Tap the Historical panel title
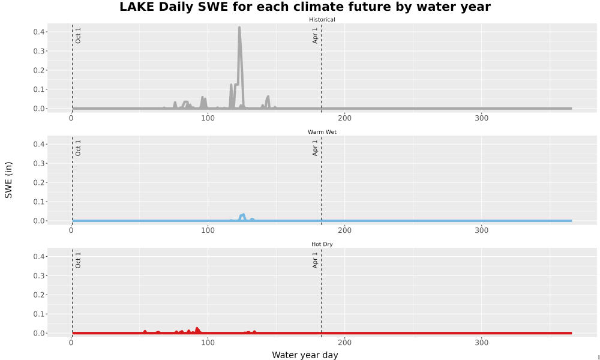coord(322,20)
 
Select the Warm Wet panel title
coord(322,132)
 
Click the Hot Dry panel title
coord(322,244)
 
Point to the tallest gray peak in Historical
coord(239,28)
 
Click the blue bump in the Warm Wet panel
coord(242,216)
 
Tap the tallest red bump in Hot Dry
coord(197,329)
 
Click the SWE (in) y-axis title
coord(8,180)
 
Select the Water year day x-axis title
coord(305,355)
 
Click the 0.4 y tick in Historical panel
coord(38,32)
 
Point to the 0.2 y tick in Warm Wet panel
coord(38,182)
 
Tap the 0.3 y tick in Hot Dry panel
coord(38,276)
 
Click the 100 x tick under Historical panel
coord(208,118)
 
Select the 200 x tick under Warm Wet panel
coord(345,230)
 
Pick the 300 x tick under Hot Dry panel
coord(481,343)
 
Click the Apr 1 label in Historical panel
coord(315,35)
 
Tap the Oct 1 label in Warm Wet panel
coord(78,148)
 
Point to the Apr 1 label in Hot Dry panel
coord(315,260)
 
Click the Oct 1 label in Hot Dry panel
coord(78,260)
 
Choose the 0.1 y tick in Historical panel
coord(38,89)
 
